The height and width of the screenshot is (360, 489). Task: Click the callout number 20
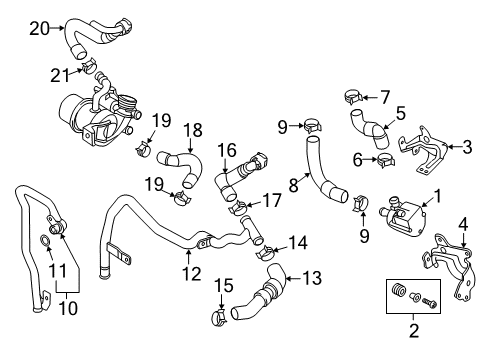(39, 28)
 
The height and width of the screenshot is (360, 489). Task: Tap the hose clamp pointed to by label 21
(89, 66)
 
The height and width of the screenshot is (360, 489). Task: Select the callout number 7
(385, 97)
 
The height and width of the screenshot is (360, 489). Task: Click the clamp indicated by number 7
(353, 96)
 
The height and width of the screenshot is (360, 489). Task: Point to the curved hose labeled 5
(369, 129)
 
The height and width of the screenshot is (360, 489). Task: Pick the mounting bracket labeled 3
(423, 149)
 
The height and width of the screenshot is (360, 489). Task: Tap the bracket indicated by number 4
(449, 266)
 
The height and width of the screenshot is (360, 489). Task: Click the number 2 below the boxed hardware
(413, 331)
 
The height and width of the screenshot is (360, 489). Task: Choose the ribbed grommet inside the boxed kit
(398, 290)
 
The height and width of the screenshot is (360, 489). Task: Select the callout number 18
(193, 130)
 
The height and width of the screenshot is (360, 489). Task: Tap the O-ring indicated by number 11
(44, 239)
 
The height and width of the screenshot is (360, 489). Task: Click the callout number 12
(192, 274)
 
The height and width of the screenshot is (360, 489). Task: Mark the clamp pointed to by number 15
(219, 318)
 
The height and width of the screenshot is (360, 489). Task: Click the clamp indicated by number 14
(265, 252)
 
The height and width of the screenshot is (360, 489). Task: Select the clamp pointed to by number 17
(238, 208)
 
